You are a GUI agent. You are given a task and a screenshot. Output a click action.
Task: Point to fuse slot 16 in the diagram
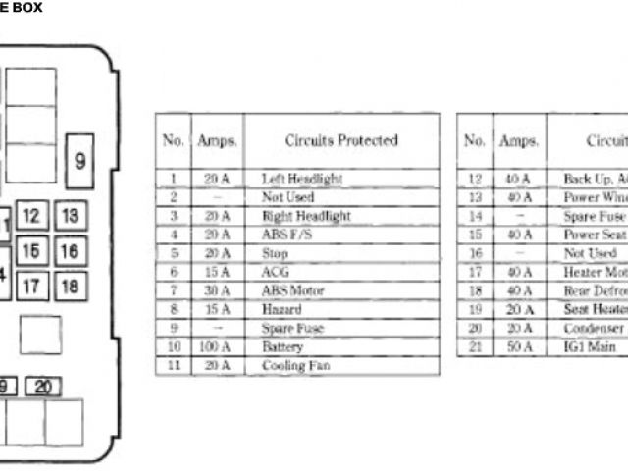click(69, 252)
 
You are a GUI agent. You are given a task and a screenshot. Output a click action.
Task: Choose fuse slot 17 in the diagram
click(32, 287)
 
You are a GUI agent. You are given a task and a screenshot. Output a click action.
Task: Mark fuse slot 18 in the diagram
click(69, 287)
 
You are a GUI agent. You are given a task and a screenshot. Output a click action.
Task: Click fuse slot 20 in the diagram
click(42, 387)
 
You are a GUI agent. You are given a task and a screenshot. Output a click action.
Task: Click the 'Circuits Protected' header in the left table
click(340, 141)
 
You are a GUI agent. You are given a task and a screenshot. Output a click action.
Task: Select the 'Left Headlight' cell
click(302, 179)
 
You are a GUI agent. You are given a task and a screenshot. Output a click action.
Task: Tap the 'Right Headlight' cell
click(305, 216)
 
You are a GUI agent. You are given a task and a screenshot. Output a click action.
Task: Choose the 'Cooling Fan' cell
click(295, 366)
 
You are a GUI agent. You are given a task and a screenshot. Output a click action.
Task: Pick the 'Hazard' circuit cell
click(281, 309)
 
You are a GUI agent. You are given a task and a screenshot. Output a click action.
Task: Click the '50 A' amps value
click(517, 347)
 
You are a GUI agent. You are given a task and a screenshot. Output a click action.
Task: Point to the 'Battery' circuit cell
click(283, 347)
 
